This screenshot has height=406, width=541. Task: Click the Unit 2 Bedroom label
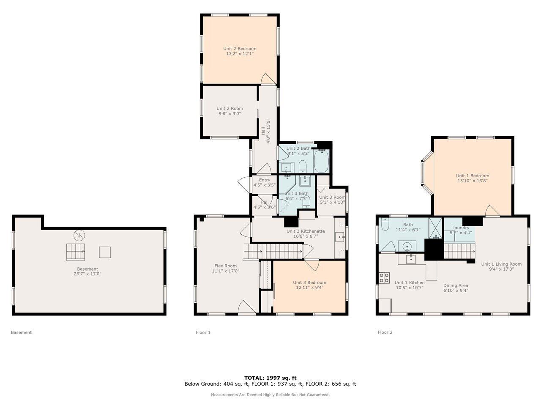click(x=240, y=49)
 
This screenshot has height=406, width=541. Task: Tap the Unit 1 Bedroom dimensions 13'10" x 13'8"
click(x=473, y=181)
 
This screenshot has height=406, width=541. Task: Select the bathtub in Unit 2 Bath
click(x=321, y=162)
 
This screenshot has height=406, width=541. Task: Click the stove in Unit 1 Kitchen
click(x=384, y=278)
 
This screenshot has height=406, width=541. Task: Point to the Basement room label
click(x=87, y=269)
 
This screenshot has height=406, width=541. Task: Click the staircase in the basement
click(x=75, y=252)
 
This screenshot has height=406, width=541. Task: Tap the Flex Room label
click(x=225, y=266)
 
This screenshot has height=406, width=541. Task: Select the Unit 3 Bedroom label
click(x=309, y=283)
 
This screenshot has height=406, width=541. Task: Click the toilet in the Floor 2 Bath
click(x=385, y=225)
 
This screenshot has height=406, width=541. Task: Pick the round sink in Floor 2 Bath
click(x=407, y=246)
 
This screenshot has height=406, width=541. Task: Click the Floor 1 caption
click(x=203, y=332)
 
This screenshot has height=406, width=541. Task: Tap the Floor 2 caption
click(x=385, y=332)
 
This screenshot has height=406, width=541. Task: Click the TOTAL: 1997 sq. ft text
click(x=270, y=378)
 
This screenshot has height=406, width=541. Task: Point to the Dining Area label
click(x=455, y=285)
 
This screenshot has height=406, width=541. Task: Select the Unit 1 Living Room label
click(x=501, y=264)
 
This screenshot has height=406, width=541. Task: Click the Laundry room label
click(x=460, y=228)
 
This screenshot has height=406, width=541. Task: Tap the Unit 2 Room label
click(x=230, y=109)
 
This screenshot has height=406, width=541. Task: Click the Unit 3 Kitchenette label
click(x=306, y=231)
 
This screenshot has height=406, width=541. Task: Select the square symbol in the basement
click(x=105, y=252)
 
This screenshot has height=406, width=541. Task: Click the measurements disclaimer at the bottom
click(x=270, y=395)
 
